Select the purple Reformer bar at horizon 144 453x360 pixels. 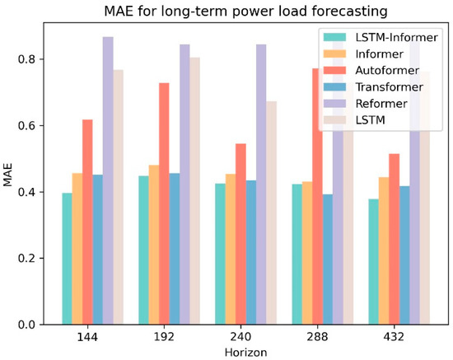108,180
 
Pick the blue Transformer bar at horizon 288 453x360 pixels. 328,259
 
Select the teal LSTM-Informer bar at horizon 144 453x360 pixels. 67,259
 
